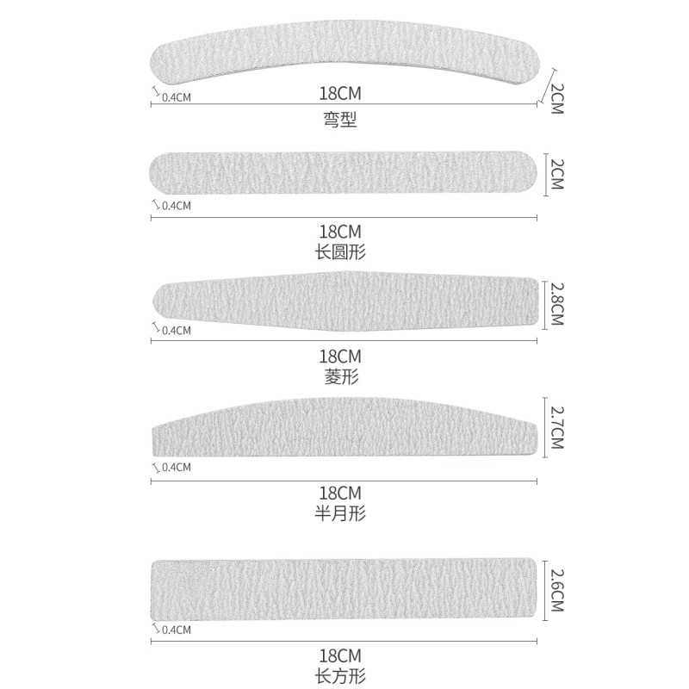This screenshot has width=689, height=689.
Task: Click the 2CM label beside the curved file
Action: [x=556, y=97]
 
